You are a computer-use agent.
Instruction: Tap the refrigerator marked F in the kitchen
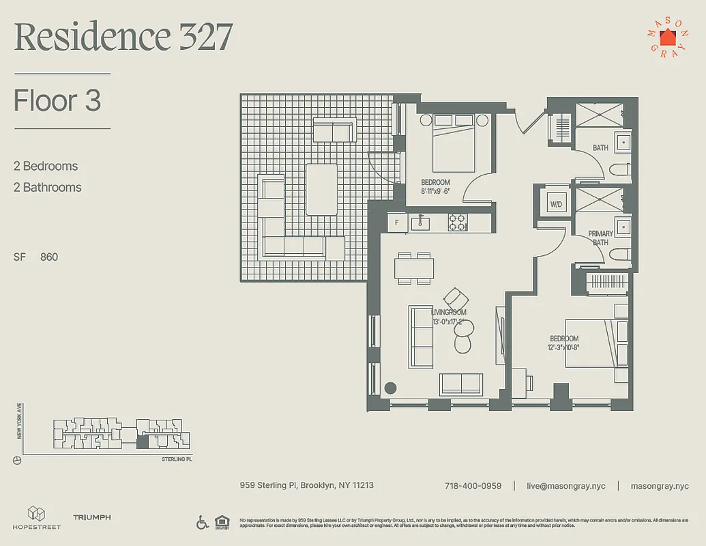coord(395,222)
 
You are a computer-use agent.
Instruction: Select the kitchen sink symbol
coord(420,222)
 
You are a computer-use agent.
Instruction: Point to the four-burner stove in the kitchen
coord(456,222)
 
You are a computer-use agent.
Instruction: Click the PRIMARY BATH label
coord(600,238)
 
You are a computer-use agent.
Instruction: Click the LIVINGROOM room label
coord(448,313)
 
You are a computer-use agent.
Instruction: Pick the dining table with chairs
coord(413,268)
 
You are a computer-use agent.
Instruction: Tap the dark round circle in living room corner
coord(390,388)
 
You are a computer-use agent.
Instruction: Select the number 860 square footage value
coord(49,257)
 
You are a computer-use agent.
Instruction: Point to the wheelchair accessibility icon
coord(203,523)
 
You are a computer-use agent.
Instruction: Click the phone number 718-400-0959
coord(473,486)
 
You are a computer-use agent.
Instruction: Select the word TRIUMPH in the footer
coord(91,518)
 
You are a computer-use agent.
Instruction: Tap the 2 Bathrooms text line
coord(47,187)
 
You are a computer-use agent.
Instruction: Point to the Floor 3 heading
coord(57,101)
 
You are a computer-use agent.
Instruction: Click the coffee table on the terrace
coord(321,189)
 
